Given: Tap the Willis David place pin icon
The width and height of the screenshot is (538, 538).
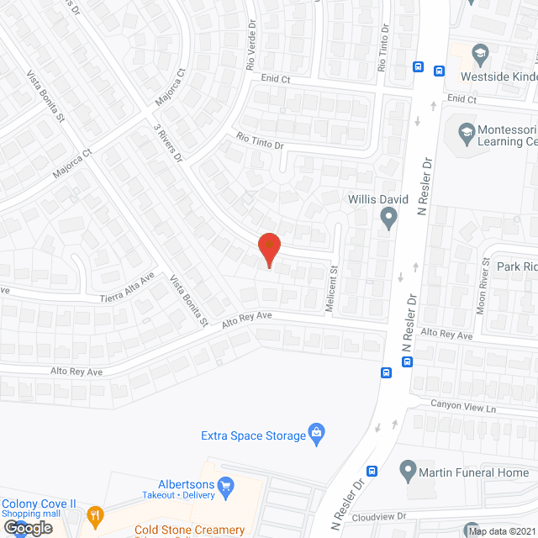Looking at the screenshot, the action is coord(388,219).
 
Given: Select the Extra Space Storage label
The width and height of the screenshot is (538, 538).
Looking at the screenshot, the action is coord(253,435).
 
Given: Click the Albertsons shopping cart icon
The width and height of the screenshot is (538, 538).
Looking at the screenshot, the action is coord(225,485).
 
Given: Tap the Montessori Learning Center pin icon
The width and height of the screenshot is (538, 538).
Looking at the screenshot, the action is coord(465,132).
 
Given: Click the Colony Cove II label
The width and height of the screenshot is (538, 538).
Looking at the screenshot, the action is coord(39,504).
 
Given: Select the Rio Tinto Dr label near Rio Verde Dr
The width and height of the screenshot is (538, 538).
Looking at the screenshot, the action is coord(261,141).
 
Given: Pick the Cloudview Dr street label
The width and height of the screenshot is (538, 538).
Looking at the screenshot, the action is coord(380,517).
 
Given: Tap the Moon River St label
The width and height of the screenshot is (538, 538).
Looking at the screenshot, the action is coord(483,286).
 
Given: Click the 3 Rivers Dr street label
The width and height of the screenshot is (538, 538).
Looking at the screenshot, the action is coord(168,143).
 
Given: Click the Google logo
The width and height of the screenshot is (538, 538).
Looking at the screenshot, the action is coord(27,527).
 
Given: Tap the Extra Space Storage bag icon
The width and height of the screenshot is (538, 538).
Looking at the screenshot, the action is coord(316,435).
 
